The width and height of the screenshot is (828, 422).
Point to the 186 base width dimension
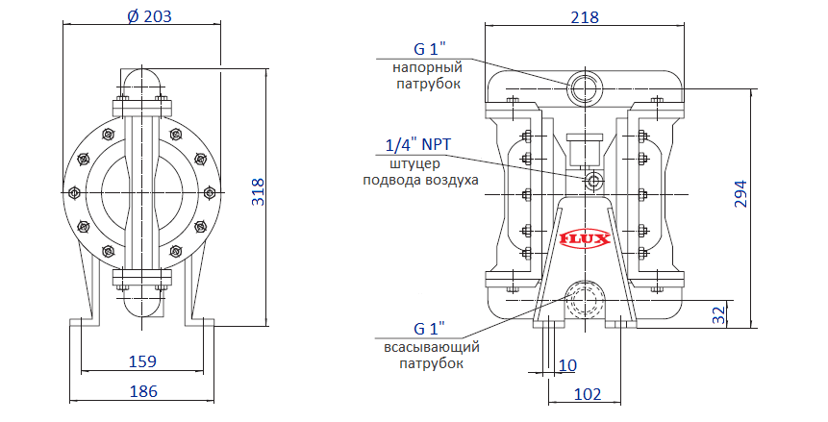pos(143,391)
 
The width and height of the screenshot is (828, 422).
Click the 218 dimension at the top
pos(585,17)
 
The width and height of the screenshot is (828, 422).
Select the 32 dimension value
pos(716,314)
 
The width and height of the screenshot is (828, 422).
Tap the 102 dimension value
pos(587,394)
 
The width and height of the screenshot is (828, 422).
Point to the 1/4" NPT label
pos(417,145)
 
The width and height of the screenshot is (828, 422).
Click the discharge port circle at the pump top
pos(585,87)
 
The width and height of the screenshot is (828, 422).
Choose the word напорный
pos(427,67)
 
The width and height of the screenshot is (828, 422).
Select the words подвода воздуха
pos(419,180)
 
